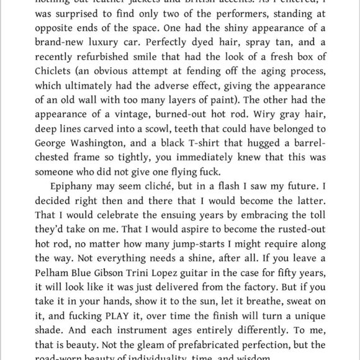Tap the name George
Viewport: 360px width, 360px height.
tap(38, 146)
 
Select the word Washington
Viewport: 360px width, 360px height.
tap(93, 146)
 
